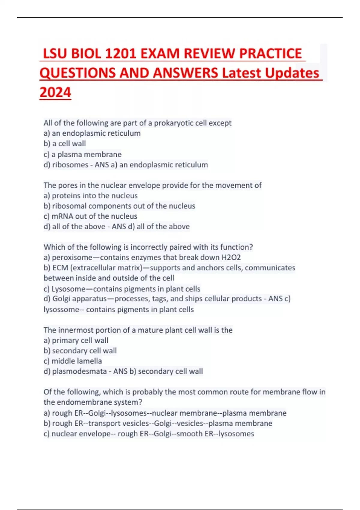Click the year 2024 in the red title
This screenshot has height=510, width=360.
55,92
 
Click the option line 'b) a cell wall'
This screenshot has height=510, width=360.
65,144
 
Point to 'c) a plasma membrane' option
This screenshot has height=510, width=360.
82,154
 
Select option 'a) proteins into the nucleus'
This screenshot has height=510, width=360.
91,196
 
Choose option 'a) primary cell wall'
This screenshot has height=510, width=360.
76,340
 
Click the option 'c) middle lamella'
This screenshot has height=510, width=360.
73,361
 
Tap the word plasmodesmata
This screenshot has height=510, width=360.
79,371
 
